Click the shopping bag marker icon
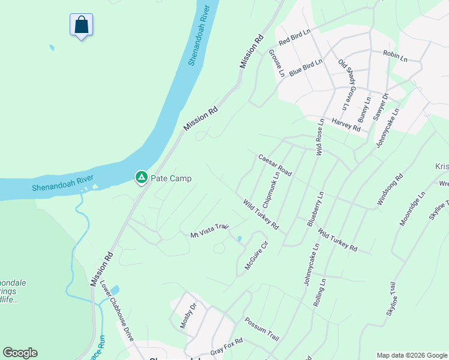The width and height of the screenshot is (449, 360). [x=81, y=25]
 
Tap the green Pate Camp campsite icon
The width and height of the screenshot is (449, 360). [x=141, y=177]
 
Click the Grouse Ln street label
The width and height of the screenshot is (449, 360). [x=277, y=63]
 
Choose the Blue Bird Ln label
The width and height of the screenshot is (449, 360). [x=306, y=67]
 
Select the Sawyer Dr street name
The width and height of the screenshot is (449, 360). [x=381, y=107]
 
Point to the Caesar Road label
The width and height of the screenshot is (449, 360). [x=275, y=165]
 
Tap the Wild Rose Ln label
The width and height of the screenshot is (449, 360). [x=320, y=137]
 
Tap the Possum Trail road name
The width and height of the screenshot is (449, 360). [x=262, y=329]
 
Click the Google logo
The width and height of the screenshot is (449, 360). [x=20, y=353]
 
